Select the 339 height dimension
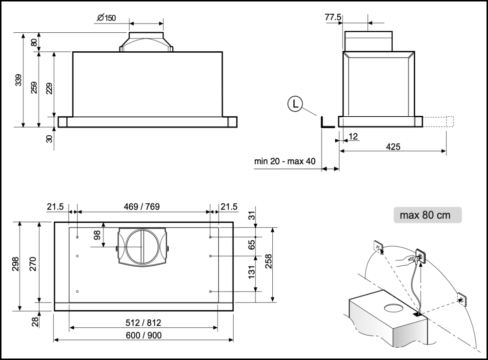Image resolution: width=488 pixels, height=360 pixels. tap(19, 80)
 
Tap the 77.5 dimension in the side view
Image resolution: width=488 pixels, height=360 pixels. tap(333, 18)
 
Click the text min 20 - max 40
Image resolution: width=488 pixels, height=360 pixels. tap(285, 161)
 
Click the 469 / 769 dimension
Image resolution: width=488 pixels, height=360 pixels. tap(141, 207)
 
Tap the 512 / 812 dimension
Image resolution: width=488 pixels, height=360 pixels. tap(143, 322)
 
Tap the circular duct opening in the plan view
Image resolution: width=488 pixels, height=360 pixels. tap(142, 246)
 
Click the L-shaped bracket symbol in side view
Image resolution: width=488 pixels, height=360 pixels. tap(326, 123)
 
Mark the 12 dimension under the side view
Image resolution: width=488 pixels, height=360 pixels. tap(354, 136)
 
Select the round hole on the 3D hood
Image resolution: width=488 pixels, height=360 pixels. tap(393, 308)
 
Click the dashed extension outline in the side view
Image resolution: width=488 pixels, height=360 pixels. tap(438, 122)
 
